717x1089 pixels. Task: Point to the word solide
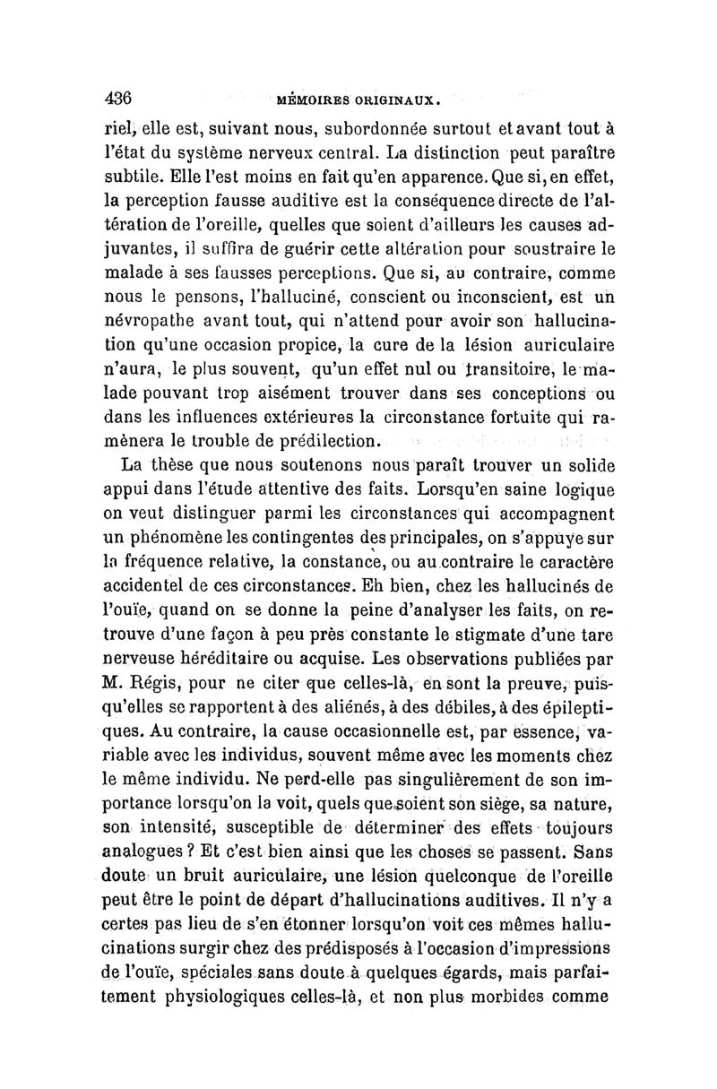(579, 466)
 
